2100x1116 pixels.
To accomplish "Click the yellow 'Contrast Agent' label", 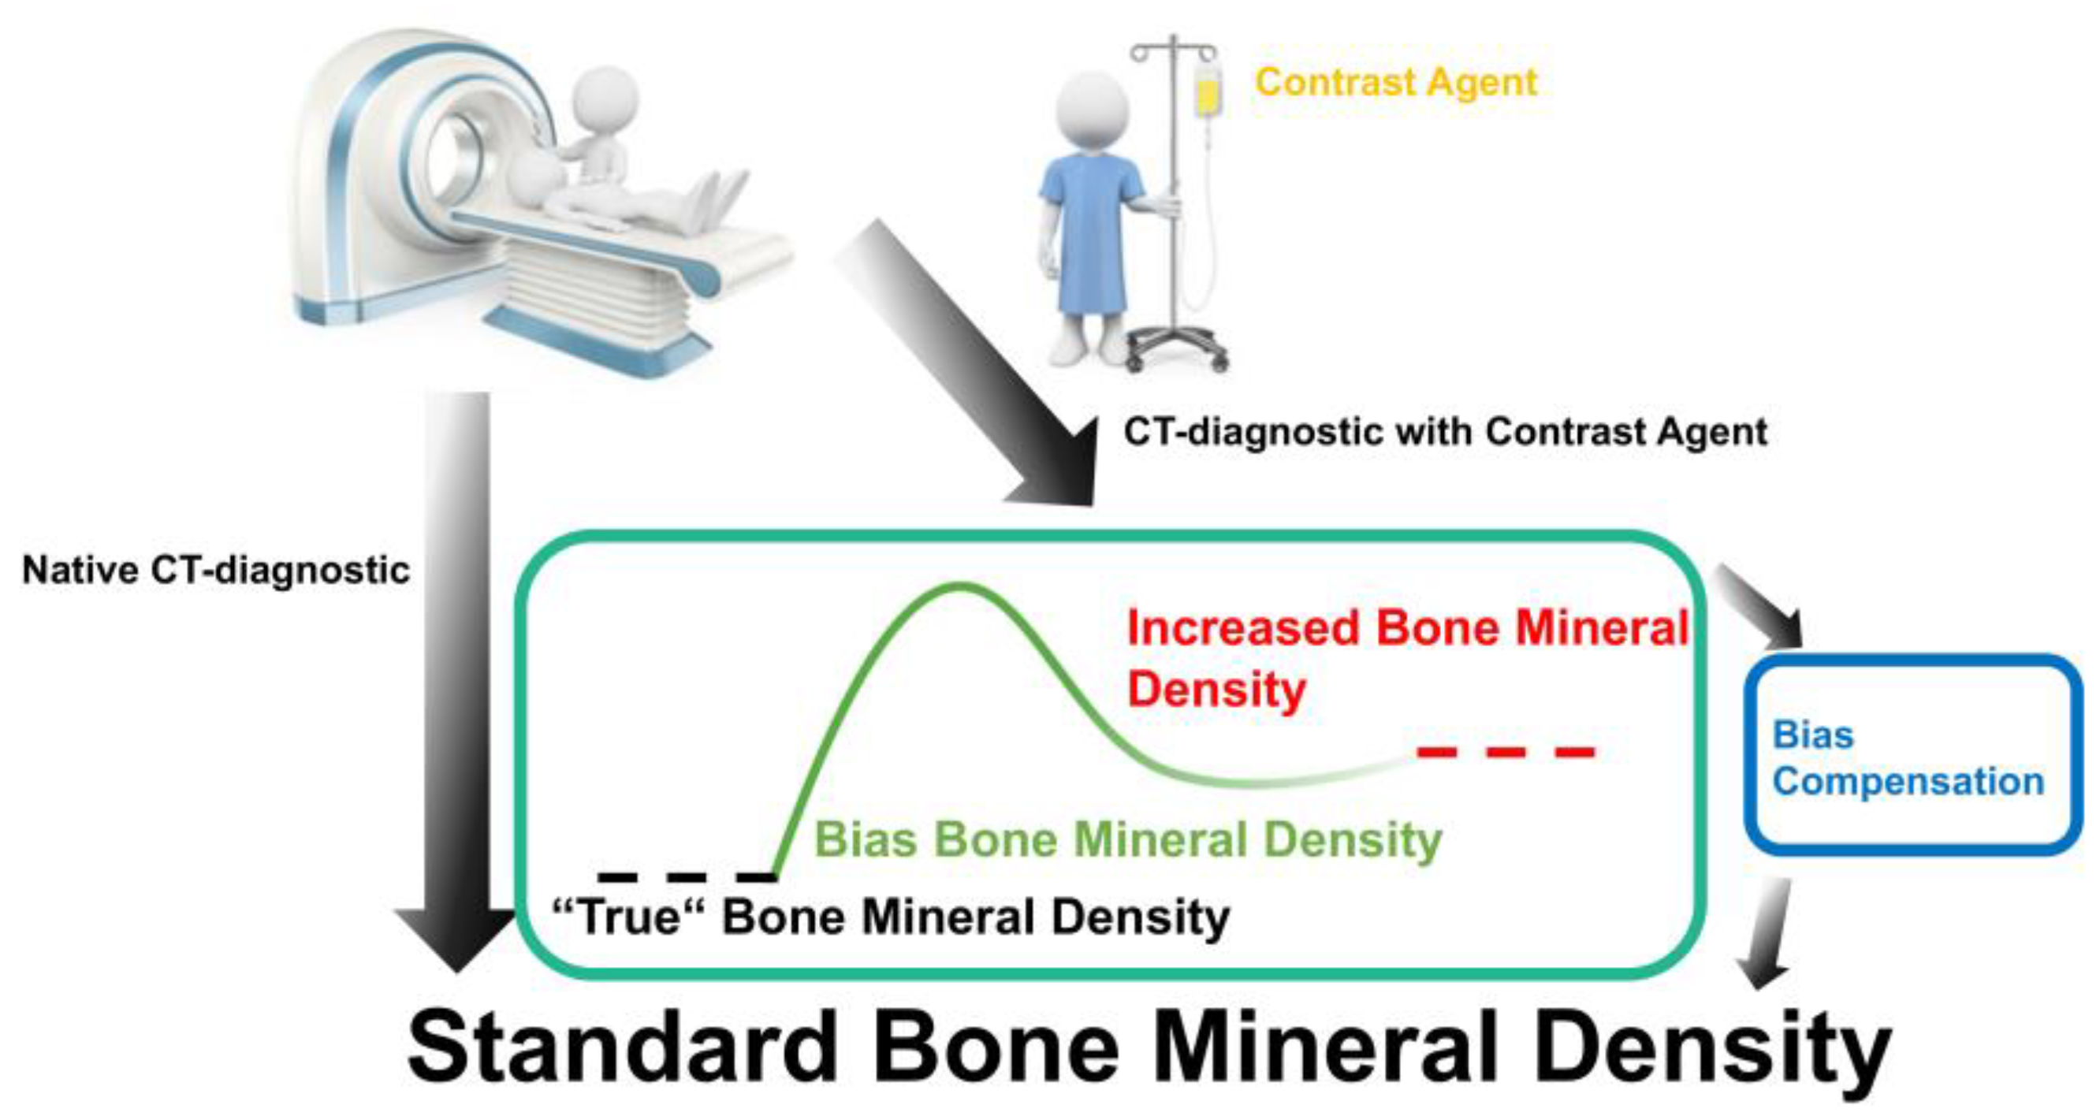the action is [x=1395, y=82].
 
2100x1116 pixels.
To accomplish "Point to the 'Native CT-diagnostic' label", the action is [x=216, y=570].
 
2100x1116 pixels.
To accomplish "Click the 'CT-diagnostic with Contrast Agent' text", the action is [x=1446, y=431].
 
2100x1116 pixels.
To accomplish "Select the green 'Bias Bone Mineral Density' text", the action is [x=1128, y=839].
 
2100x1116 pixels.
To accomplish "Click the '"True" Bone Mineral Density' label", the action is [x=891, y=917].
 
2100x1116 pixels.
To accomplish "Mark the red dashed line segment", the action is [x=1506, y=752].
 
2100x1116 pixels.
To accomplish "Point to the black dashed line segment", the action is [x=687, y=877].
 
